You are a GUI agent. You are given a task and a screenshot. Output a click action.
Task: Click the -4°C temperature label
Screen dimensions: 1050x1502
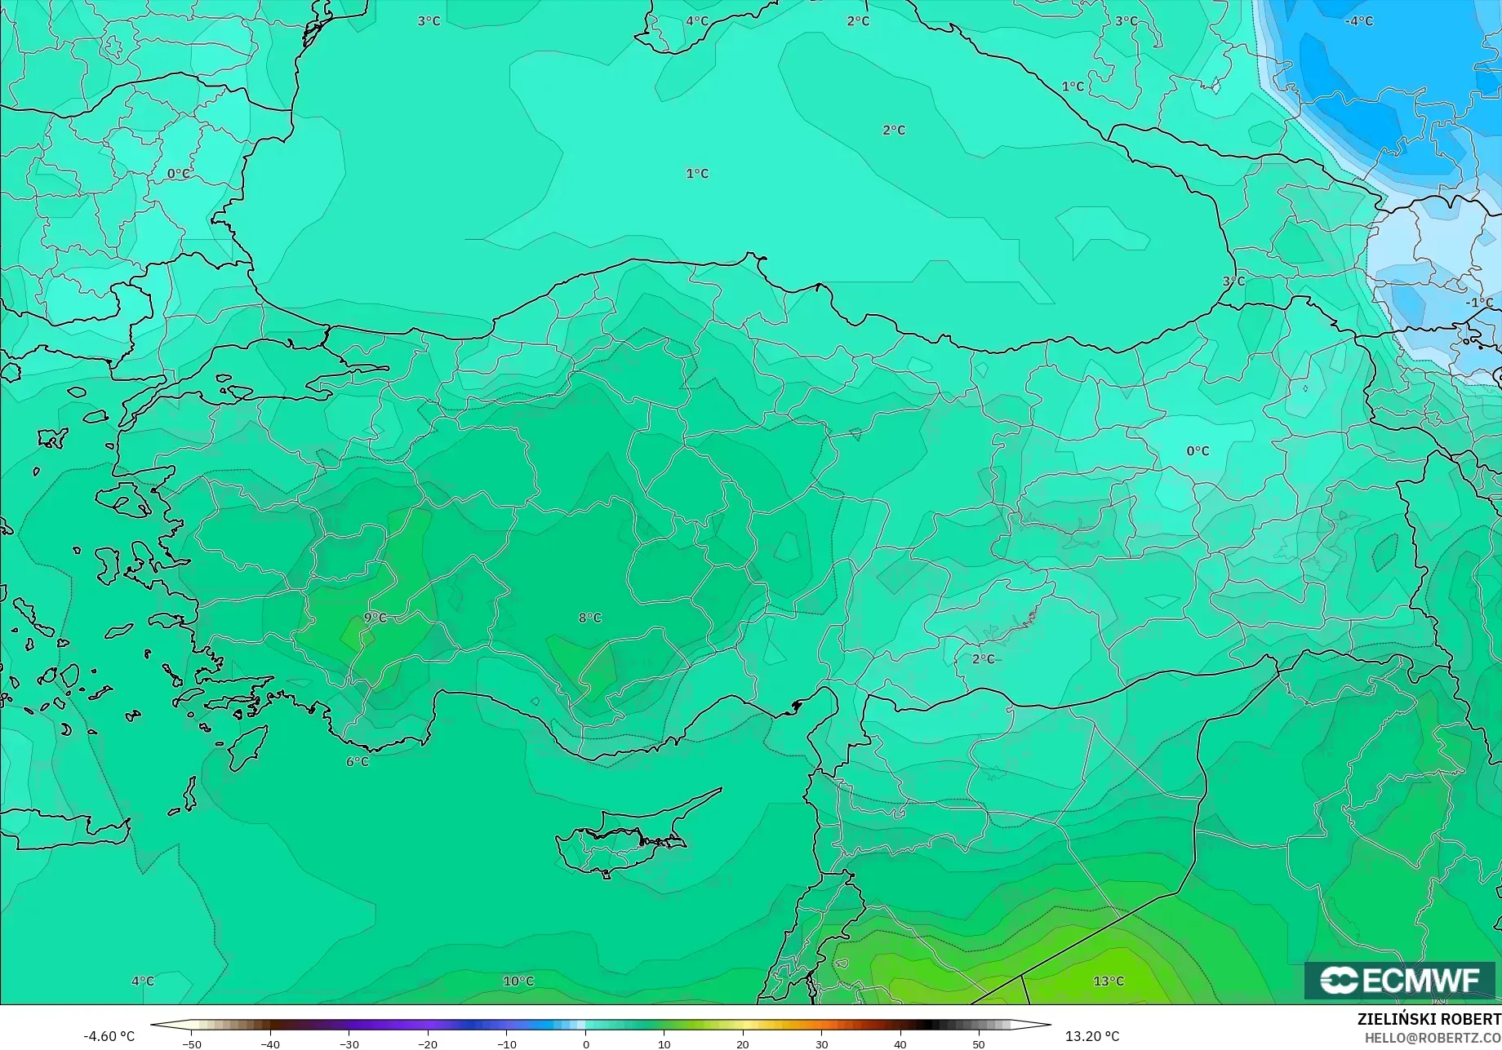coord(1359,21)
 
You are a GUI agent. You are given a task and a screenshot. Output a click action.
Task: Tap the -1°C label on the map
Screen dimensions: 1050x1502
coord(1478,303)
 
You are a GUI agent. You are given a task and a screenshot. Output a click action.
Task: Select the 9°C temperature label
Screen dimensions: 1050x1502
coord(375,618)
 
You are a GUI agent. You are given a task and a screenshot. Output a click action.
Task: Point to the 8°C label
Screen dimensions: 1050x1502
coord(589,618)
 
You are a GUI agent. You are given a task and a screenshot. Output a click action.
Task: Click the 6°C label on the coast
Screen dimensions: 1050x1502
coord(358,762)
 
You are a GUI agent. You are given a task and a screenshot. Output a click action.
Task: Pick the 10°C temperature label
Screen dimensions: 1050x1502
coord(518,981)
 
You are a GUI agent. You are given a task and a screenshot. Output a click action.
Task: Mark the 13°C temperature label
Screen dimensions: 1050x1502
coord(1109,981)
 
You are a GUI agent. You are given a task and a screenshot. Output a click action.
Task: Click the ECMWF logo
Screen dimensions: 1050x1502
coord(1399,980)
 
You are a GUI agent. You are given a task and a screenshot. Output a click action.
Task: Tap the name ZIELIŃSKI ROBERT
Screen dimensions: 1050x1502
coord(1429,1020)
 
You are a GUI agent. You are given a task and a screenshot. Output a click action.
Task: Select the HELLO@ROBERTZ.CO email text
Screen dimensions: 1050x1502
coord(1433,1038)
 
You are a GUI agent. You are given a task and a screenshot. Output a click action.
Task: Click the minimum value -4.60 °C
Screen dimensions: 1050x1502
coord(109,1037)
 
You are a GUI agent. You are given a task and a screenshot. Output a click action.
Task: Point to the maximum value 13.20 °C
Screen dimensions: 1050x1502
coord(1092,1037)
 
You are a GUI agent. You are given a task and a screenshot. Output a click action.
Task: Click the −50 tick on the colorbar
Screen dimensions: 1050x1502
coord(191,1044)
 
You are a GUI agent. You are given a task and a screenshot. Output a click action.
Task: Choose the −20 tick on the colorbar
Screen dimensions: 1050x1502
coord(428,1044)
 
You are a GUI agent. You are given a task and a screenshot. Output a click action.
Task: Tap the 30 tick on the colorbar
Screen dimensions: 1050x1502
coord(821,1044)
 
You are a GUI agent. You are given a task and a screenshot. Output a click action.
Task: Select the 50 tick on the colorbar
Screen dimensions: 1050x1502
coord(979,1044)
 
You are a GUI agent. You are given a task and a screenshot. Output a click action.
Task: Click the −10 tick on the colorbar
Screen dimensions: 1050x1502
coord(507,1044)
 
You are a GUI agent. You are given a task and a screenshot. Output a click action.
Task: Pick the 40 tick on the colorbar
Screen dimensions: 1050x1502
coord(900,1044)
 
